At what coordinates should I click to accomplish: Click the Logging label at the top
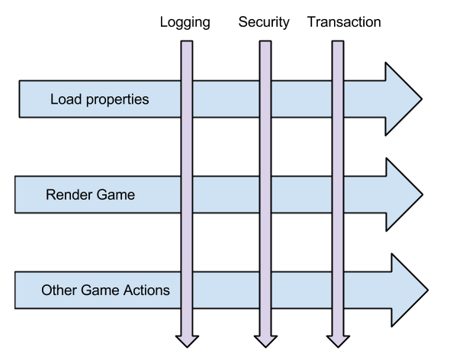click(x=185, y=23)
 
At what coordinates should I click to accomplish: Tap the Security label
click(x=264, y=23)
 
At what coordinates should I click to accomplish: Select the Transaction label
click(x=344, y=22)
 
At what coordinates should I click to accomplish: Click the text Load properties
click(x=100, y=100)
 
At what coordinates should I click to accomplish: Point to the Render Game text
click(x=91, y=194)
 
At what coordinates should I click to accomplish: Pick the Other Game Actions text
click(x=105, y=290)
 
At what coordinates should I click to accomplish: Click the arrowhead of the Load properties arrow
click(x=403, y=99)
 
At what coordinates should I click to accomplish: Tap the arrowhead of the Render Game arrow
click(x=404, y=194)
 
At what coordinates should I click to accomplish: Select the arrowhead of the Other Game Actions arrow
click(x=410, y=290)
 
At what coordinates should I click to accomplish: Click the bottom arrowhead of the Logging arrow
click(x=187, y=341)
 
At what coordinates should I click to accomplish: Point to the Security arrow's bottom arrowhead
click(x=265, y=341)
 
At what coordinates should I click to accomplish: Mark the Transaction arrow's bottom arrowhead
click(x=338, y=341)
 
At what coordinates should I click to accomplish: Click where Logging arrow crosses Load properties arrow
click(x=187, y=99)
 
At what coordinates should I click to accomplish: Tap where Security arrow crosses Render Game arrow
click(x=265, y=194)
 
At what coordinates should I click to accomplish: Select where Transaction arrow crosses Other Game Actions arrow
click(x=338, y=290)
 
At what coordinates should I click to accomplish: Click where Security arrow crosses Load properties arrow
click(x=265, y=99)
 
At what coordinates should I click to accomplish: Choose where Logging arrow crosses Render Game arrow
click(x=187, y=194)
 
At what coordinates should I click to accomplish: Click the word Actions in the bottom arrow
click(x=146, y=290)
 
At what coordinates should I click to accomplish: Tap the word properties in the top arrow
click(x=117, y=100)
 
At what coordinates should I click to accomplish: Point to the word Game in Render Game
click(x=116, y=194)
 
